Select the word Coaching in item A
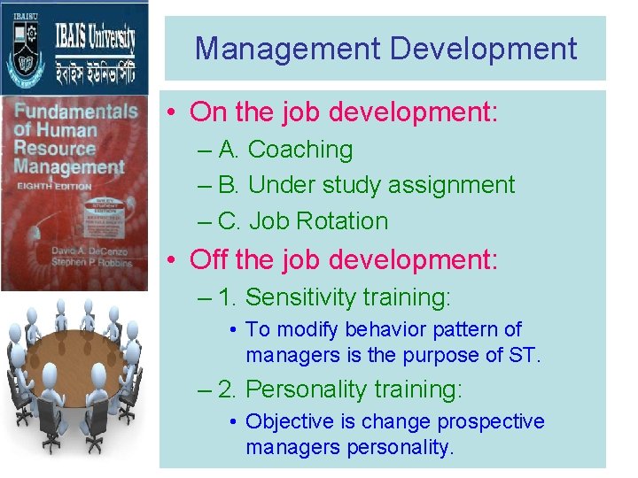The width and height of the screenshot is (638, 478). pos(300,150)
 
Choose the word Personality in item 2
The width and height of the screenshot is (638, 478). pos(316,389)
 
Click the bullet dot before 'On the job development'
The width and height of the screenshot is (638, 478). pos(172,112)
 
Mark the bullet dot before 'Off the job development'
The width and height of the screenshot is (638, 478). pos(172,260)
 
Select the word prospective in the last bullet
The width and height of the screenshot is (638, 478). pos(491,422)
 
